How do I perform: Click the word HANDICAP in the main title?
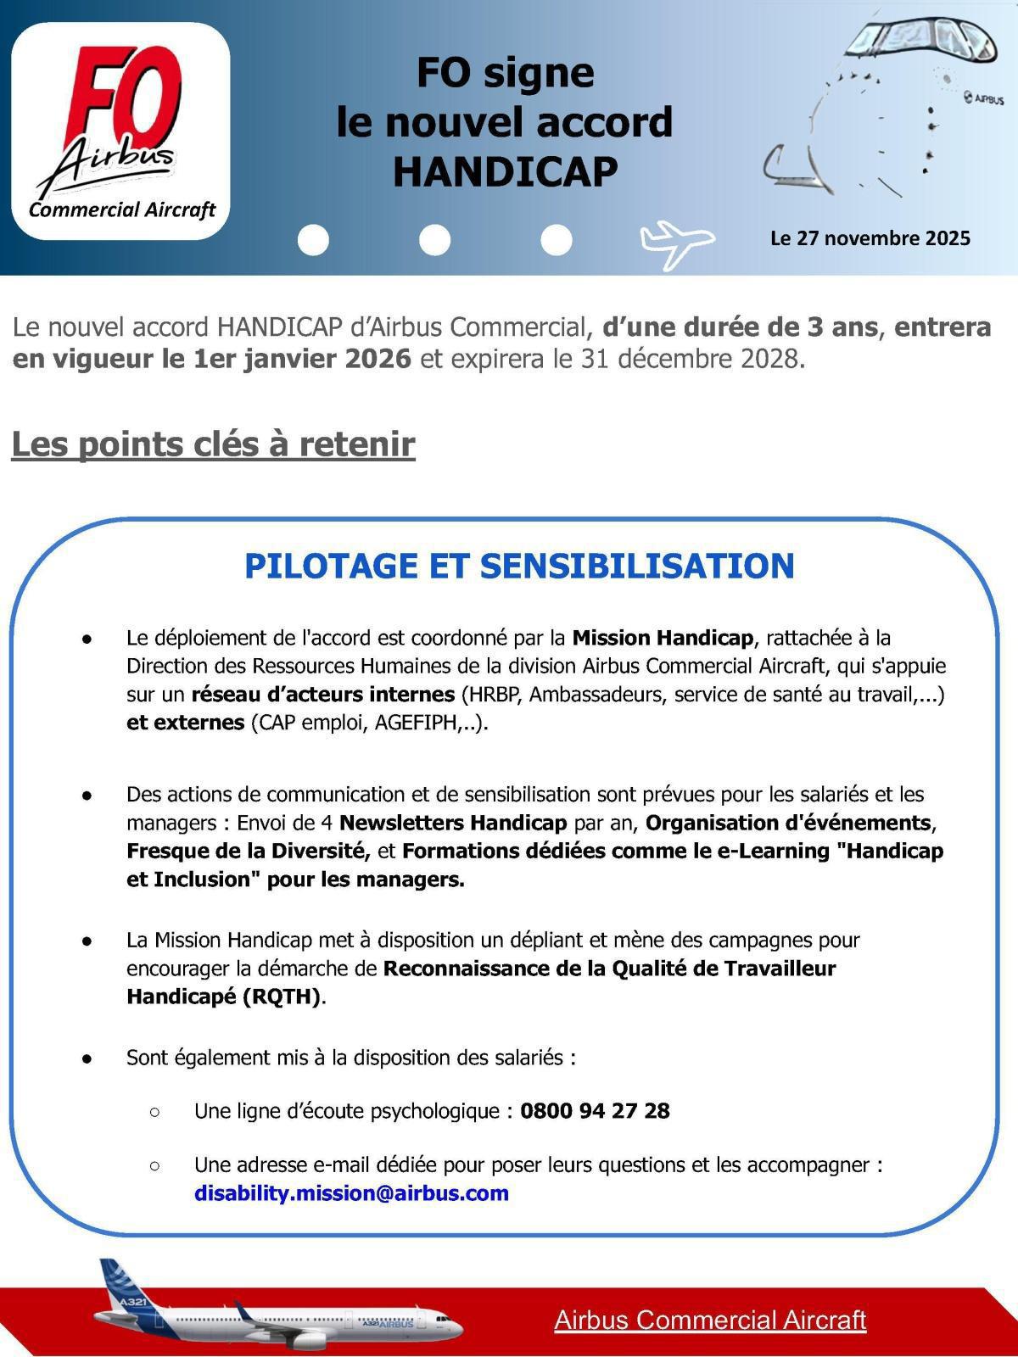505,172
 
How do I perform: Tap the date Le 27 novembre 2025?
870,238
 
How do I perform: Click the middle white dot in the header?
434,240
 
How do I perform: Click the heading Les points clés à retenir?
213,444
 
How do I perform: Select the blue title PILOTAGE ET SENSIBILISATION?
519,567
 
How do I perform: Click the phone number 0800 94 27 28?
595,1111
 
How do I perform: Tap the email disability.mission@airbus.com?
351,1193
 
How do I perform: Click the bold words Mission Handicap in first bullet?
663,638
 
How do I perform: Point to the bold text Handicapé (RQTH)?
224,997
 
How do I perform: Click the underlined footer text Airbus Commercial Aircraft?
710,1321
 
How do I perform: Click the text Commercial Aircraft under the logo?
122,210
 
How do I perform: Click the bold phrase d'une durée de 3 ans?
740,327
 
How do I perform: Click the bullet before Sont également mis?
87,1058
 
